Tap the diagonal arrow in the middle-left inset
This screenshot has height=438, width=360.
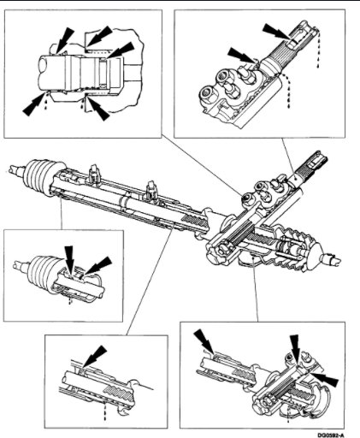pos(100,261)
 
